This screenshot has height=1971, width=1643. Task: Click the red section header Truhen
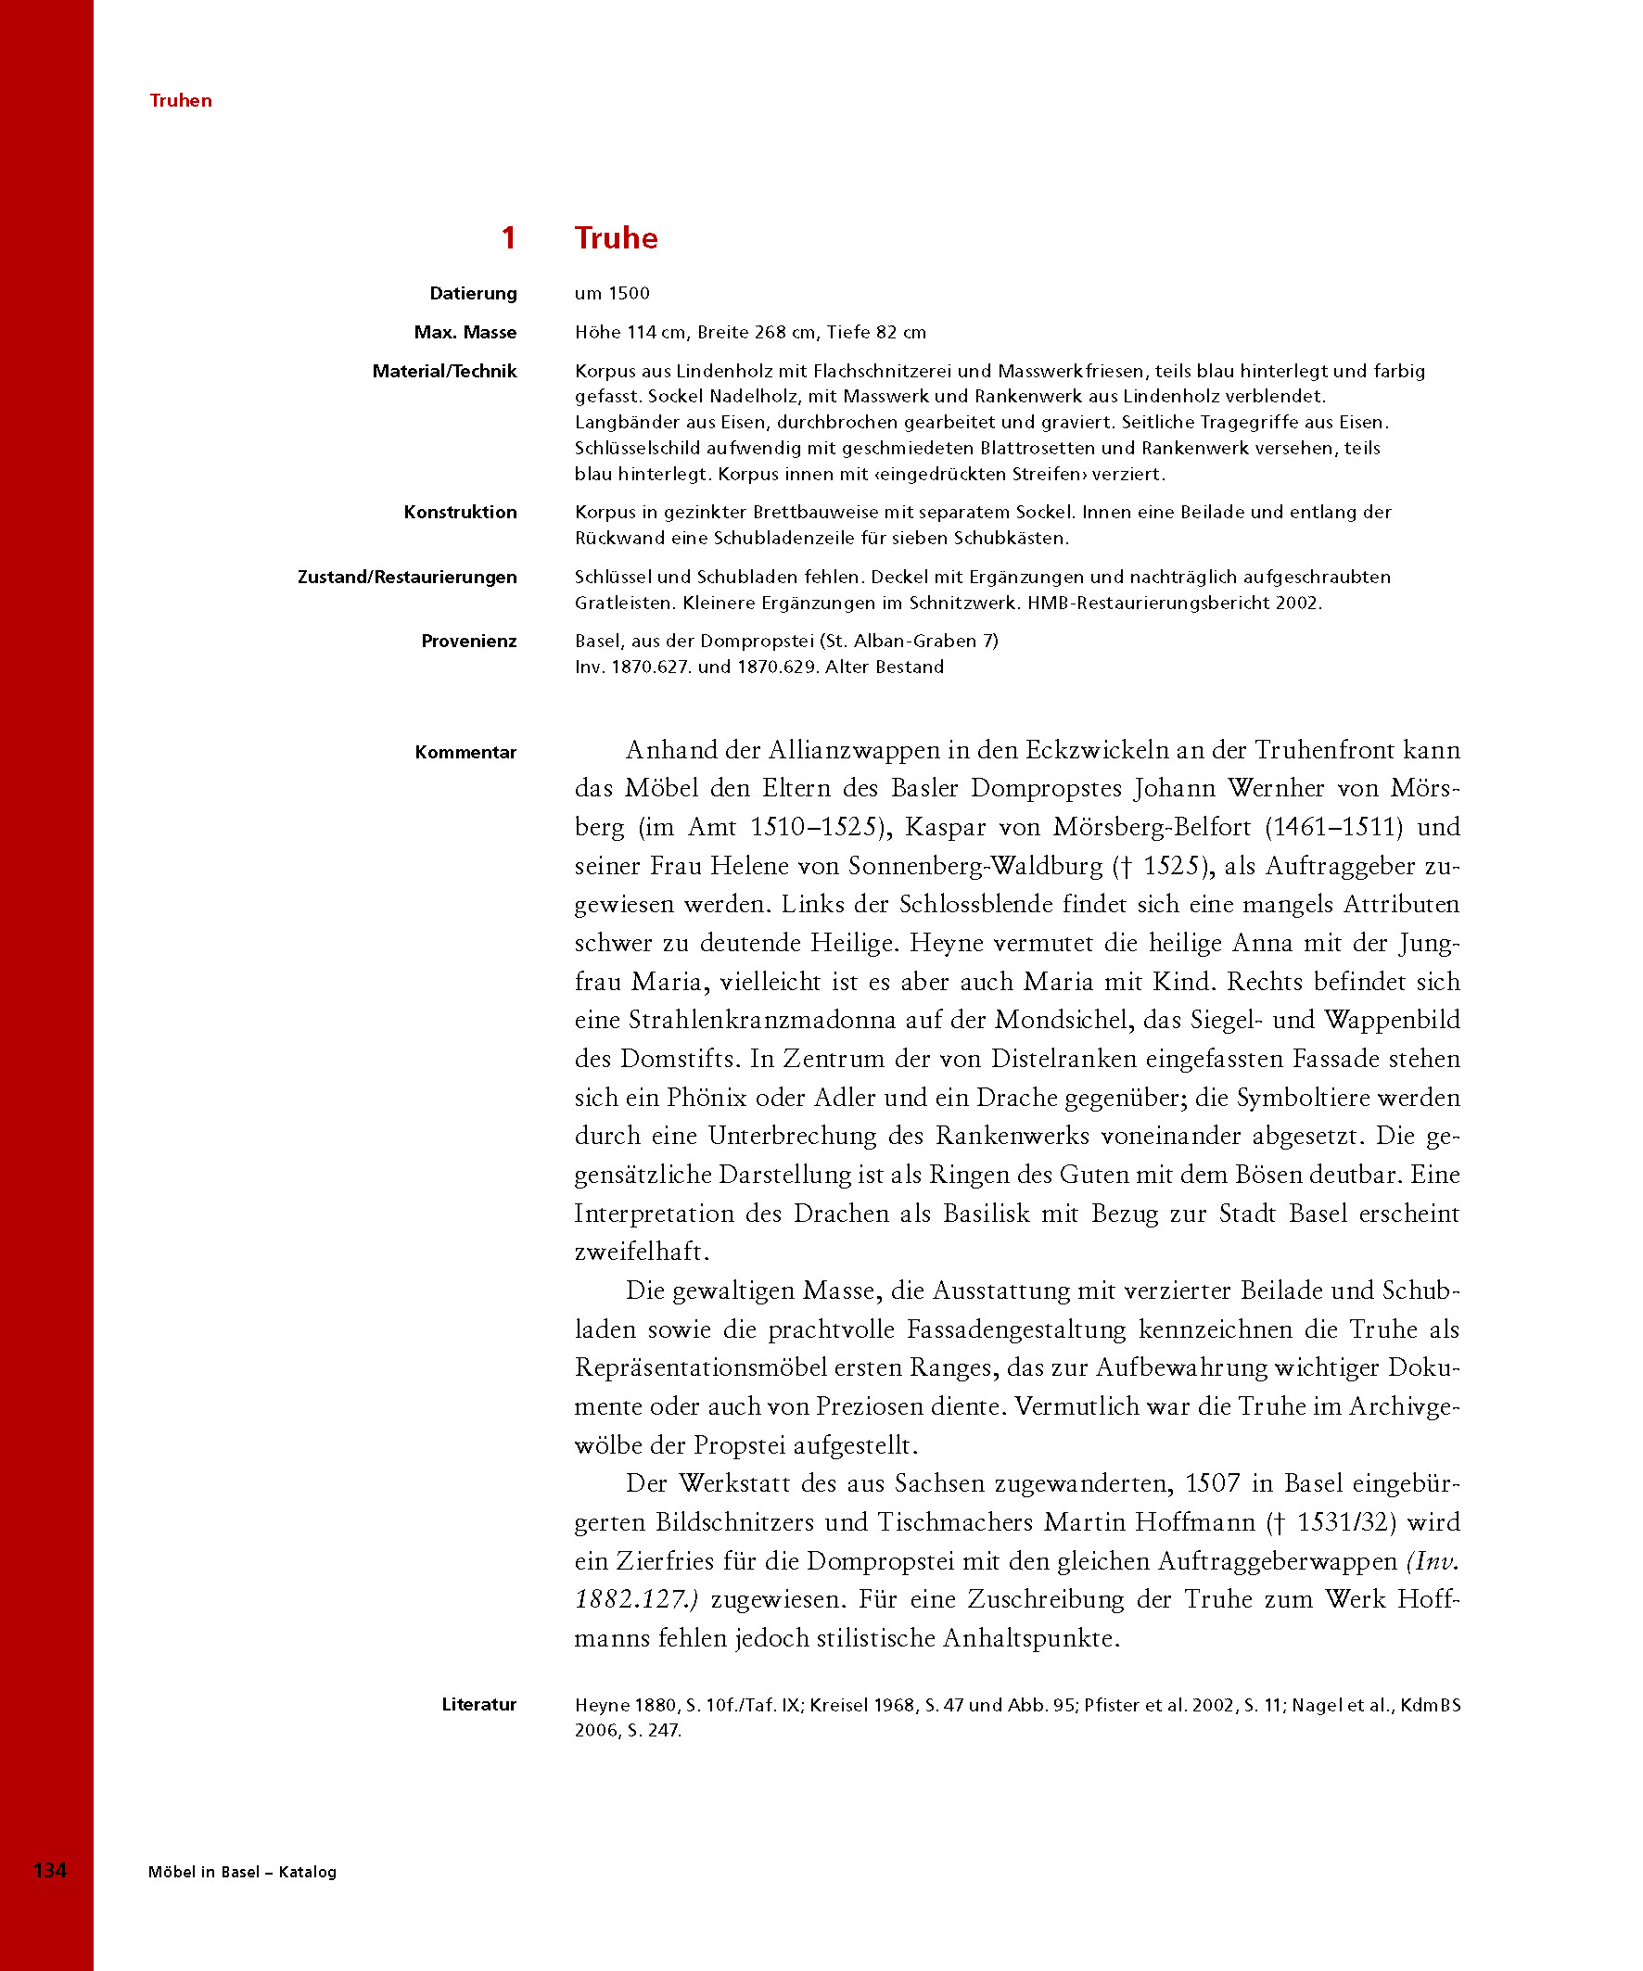pyautogui.click(x=180, y=100)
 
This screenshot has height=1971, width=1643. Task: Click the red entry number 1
pyautogui.click(x=508, y=237)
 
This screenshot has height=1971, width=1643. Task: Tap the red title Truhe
pyautogui.click(x=616, y=237)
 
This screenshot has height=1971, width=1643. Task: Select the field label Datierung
pyautogui.click(x=473, y=293)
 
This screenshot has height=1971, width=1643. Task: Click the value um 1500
pyautogui.click(x=612, y=293)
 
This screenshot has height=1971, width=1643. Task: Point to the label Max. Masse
pyautogui.click(x=465, y=332)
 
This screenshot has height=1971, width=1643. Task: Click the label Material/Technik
pyautogui.click(x=444, y=371)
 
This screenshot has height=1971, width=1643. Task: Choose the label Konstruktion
pyautogui.click(x=460, y=512)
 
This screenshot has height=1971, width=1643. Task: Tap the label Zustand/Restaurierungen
pyautogui.click(x=406, y=577)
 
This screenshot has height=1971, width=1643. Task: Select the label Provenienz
pyautogui.click(x=468, y=641)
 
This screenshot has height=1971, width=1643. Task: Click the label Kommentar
pyautogui.click(x=465, y=752)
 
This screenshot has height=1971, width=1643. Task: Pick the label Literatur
pyautogui.click(x=478, y=1704)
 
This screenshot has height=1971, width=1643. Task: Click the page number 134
pyautogui.click(x=50, y=1871)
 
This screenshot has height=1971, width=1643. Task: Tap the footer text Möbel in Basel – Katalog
pyautogui.click(x=242, y=1872)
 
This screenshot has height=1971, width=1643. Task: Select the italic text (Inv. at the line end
pyautogui.click(x=1433, y=1561)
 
